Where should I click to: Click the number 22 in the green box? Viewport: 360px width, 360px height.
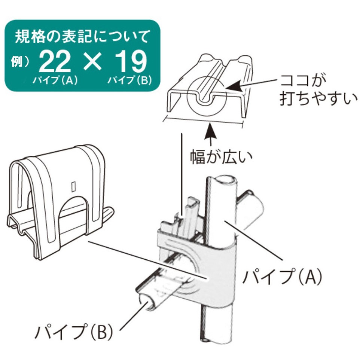(55, 61)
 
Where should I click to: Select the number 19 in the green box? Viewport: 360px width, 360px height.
(131, 61)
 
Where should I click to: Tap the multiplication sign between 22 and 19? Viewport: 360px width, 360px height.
(92, 61)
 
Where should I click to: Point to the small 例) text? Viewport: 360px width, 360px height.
(20, 61)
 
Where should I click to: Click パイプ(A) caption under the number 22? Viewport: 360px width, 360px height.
(55, 80)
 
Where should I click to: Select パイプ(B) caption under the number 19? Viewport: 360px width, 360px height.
(130, 80)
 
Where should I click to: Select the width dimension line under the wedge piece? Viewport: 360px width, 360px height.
(203, 121)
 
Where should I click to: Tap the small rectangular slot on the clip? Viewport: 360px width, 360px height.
(73, 186)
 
